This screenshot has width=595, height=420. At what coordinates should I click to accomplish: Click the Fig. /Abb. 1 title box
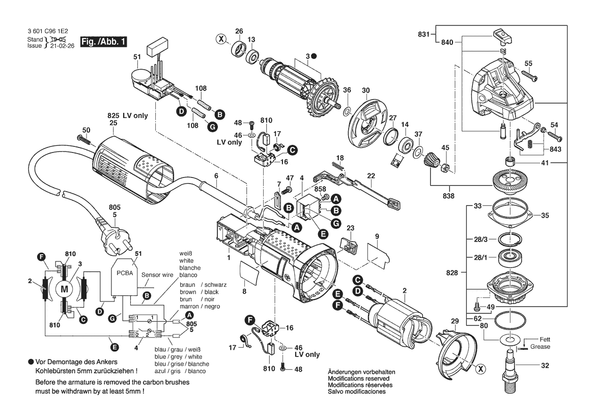[103, 42]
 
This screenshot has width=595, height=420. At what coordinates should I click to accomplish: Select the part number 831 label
[423, 35]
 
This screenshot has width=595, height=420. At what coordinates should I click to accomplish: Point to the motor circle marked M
[64, 289]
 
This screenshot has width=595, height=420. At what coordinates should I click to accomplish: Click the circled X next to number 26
[220, 38]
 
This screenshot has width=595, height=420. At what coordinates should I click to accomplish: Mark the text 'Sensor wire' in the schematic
[157, 274]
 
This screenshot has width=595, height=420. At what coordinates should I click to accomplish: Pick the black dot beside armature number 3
[314, 55]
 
